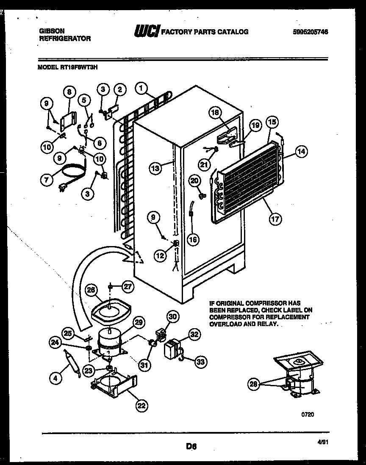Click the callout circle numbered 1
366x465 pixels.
[141, 88]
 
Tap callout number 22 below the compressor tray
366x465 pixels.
[142, 405]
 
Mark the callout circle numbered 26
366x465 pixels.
[91, 290]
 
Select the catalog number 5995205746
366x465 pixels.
[311, 32]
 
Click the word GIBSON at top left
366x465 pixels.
[52, 31]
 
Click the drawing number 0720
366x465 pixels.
[308, 415]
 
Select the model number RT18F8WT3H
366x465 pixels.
[79, 66]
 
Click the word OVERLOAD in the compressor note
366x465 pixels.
[226, 324]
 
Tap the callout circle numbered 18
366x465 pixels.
[215, 112]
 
